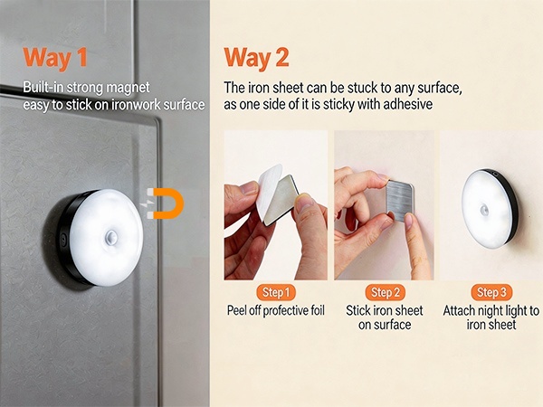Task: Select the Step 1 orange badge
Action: coord(276,292)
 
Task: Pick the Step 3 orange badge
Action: coord(491,292)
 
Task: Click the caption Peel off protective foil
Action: coord(275,311)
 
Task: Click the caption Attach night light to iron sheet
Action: coord(490,317)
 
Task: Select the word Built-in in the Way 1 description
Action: coord(44,88)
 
